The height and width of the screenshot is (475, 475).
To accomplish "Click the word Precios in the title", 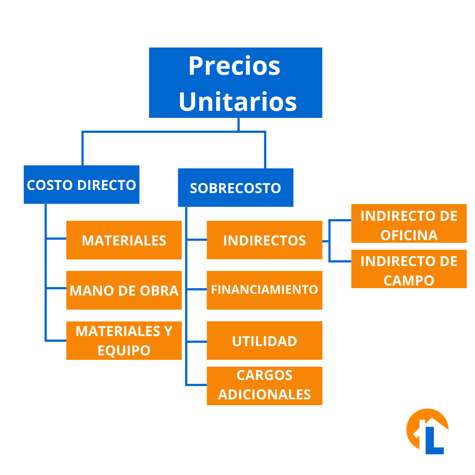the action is tap(234, 66).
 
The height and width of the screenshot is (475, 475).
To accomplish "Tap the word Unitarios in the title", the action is tap(238, 102).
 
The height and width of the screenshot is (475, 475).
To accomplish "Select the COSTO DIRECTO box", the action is tap(81, 184).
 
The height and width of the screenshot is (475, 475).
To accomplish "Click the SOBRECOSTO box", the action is tap(236, 187).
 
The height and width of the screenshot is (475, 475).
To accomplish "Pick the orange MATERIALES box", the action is tap(124, 240).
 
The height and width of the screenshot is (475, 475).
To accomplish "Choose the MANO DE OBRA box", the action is tap(124, 290).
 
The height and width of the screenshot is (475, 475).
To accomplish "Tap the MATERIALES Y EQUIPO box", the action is tap(124, 340).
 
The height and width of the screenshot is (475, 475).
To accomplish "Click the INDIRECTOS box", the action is tap(264, 240).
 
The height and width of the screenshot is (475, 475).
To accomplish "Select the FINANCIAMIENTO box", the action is tap(264, 290).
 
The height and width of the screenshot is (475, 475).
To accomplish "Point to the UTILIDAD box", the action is tap(264, 340).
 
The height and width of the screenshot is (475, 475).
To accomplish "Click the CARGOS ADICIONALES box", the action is tap(264, 386).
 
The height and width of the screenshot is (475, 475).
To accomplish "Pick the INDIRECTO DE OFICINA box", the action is tap(409, 223).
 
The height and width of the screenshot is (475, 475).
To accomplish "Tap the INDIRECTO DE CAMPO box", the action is tap(409, 269).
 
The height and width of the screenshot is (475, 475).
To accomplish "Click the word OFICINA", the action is tap(409, 235).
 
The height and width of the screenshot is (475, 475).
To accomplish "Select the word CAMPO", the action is tap(409, 281).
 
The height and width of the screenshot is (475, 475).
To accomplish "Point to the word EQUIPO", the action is tap(124, 351).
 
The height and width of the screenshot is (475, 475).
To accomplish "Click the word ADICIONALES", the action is tap(264, 395).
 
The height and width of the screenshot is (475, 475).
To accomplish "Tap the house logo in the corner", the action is tap(427, 431).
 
